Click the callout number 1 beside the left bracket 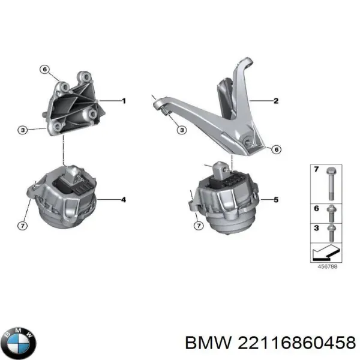124,101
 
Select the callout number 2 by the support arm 275,101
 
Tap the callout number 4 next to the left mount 124,199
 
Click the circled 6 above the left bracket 44,70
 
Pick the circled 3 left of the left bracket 22,129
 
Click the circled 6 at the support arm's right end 275,149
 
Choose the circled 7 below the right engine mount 199,226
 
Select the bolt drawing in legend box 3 332,229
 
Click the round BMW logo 19,343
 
